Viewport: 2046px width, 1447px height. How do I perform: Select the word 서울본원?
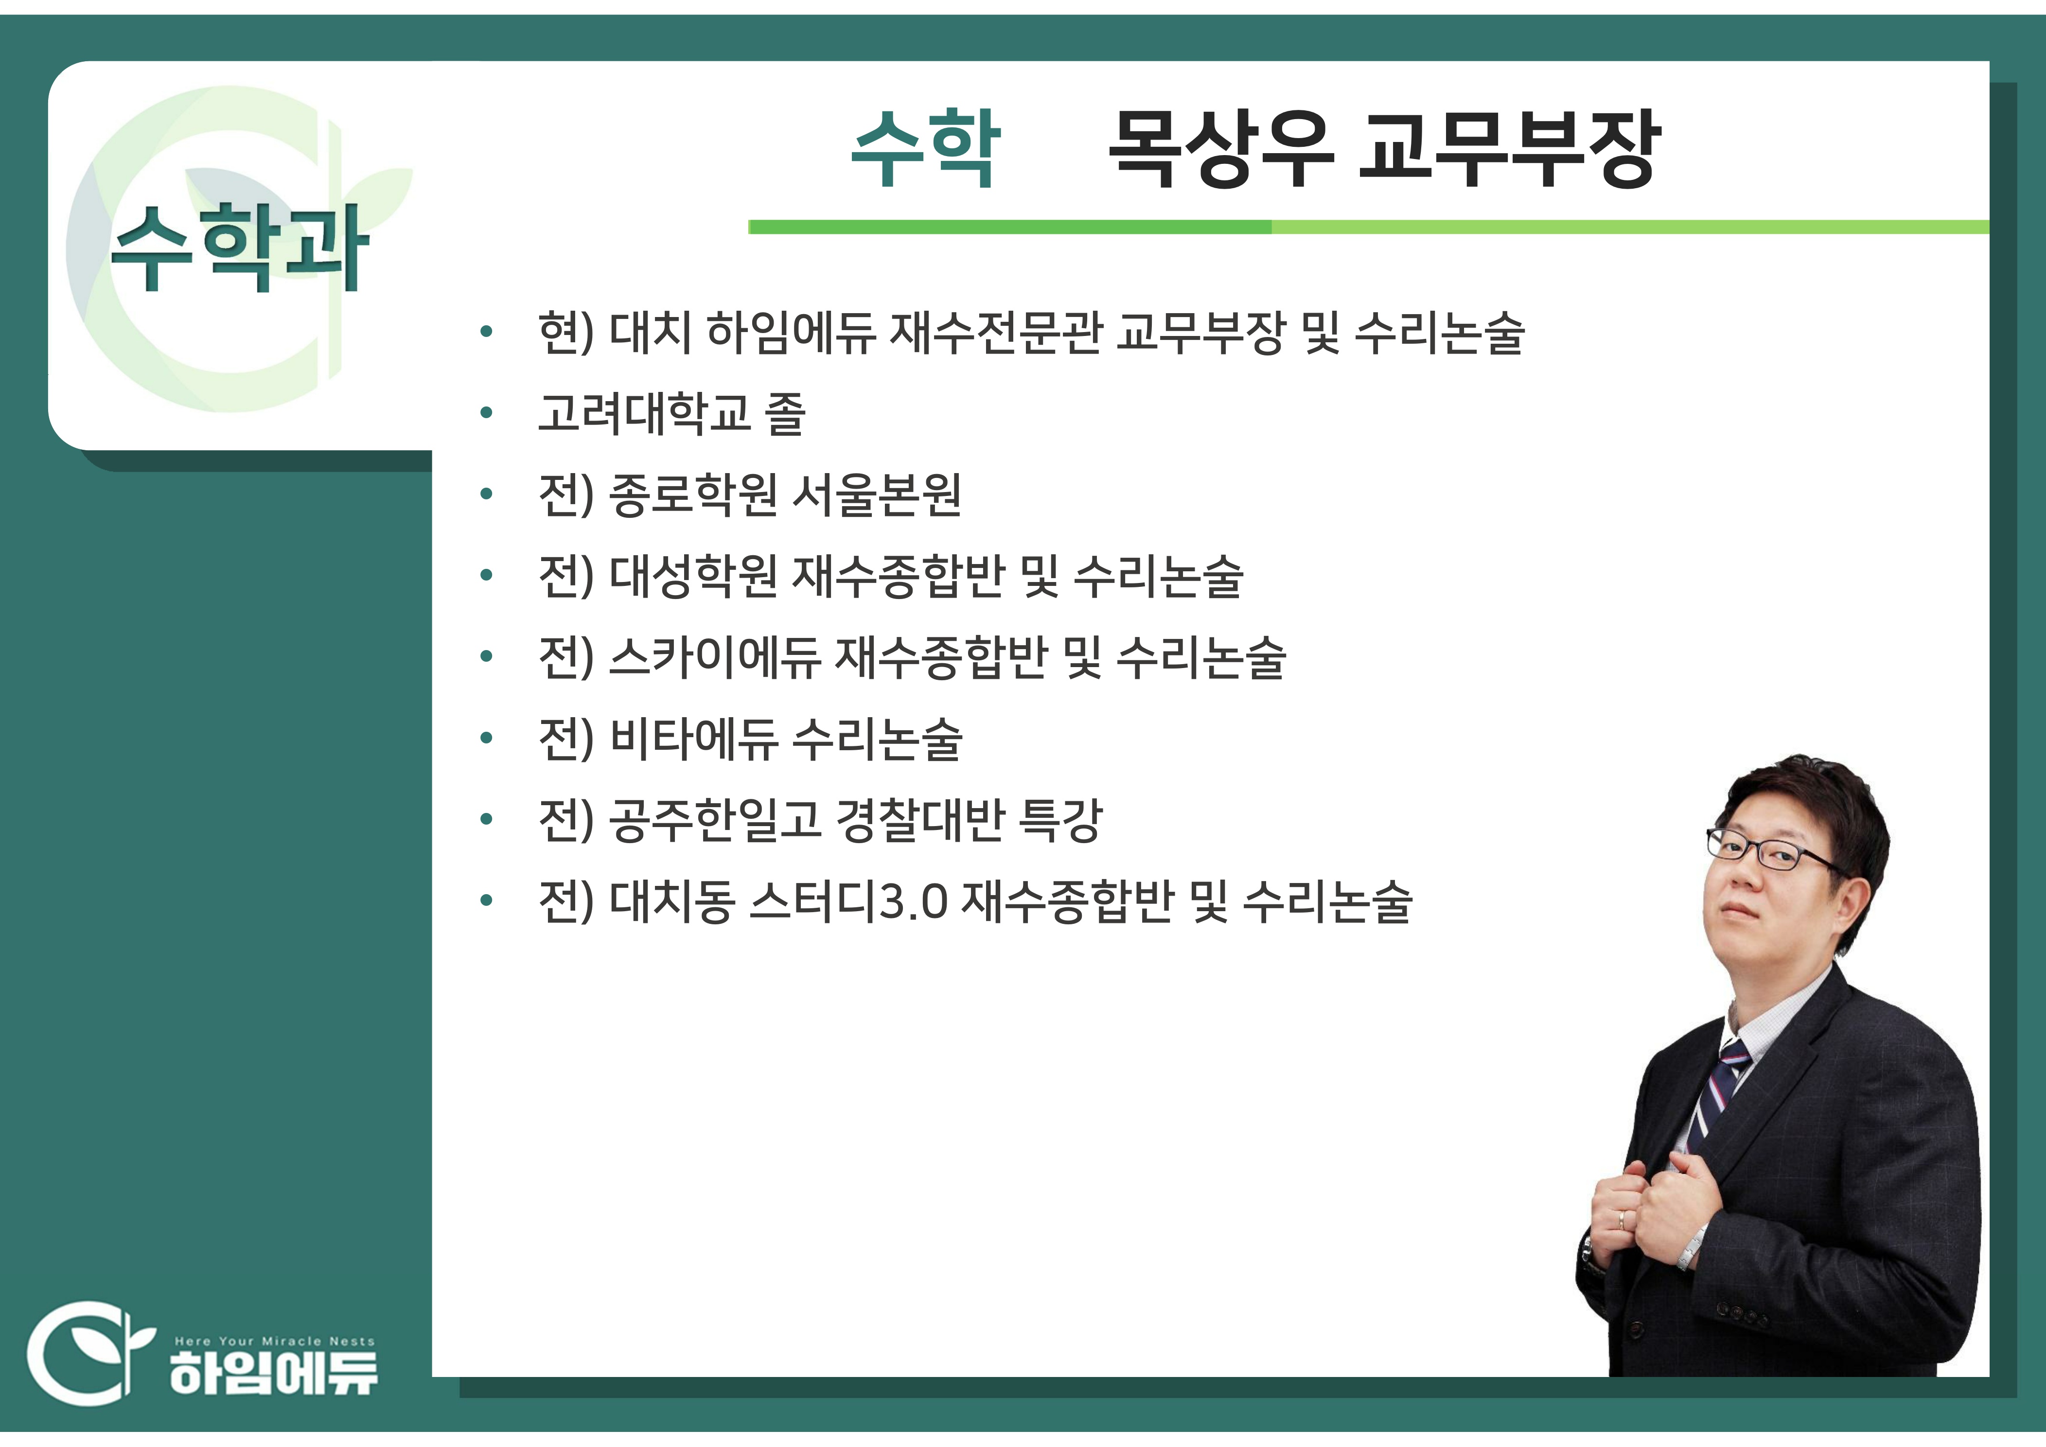click(x=877, y=494)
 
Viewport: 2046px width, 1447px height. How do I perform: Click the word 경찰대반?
click(x=920, y=820)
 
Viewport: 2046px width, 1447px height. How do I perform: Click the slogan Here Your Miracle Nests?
click(x=274, y=1341)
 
